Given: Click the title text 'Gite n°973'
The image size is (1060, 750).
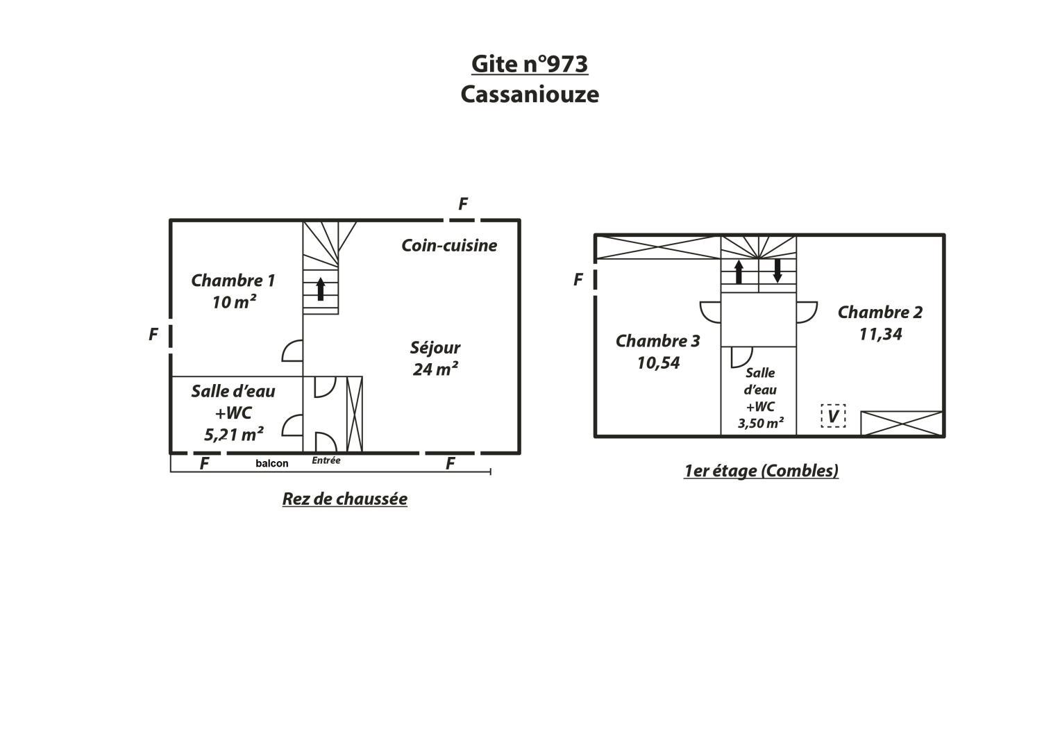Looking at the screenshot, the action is coord(530,64).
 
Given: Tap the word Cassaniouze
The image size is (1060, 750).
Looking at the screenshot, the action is coord(530,94).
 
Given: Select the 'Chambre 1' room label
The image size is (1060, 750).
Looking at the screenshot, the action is coord(233,281).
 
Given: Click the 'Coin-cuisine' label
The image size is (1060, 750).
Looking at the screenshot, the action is coord(449,245).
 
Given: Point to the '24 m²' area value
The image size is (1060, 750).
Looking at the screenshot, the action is coord(435,369).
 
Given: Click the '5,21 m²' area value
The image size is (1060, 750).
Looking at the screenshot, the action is coord(233,434).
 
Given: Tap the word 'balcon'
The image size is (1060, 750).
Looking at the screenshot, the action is coord(271,463).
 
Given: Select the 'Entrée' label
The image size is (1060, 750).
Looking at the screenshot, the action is coord(326,460).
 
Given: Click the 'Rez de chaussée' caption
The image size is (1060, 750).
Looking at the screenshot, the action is coord(344,499).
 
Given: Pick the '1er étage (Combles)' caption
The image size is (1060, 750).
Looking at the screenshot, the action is coord(761,471).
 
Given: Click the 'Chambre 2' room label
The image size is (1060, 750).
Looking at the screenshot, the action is coord(880,312).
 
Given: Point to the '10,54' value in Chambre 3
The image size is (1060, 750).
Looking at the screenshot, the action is coord(658,362).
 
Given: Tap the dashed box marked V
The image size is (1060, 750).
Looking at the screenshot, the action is coord(833,416).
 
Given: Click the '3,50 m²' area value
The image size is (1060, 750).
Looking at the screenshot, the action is coord(760,423).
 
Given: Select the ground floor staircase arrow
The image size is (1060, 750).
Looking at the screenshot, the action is coord(321,289).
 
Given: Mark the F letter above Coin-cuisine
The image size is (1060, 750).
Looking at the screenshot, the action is coord(463,203).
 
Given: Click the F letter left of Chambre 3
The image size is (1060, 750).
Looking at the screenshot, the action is coord(578,280).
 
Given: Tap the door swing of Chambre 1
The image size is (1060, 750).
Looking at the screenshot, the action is coord(292,351).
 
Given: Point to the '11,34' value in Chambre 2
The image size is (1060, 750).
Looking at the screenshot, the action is coord(880,334).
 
